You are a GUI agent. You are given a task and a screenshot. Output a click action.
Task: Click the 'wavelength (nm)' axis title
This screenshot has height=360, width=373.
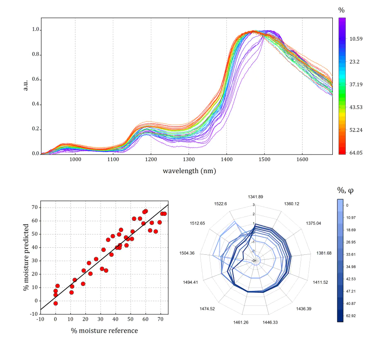(189, 171)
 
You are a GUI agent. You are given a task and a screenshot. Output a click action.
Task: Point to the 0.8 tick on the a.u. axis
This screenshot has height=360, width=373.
(36, 55)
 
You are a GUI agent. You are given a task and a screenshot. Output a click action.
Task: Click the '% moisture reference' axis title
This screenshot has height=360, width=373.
(104, 330)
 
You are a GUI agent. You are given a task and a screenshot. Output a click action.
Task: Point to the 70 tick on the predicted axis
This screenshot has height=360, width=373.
(35, 207)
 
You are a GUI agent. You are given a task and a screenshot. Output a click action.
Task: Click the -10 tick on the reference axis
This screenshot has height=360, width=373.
(41, 319)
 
